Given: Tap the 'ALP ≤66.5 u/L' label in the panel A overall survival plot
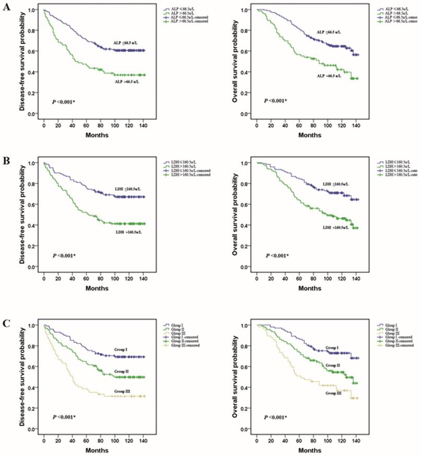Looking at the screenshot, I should [x=331, y=32].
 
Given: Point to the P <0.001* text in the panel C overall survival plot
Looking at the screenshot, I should [x=278, y=417].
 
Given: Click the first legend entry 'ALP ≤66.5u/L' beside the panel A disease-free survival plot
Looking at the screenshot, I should [x=181, y=9].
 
